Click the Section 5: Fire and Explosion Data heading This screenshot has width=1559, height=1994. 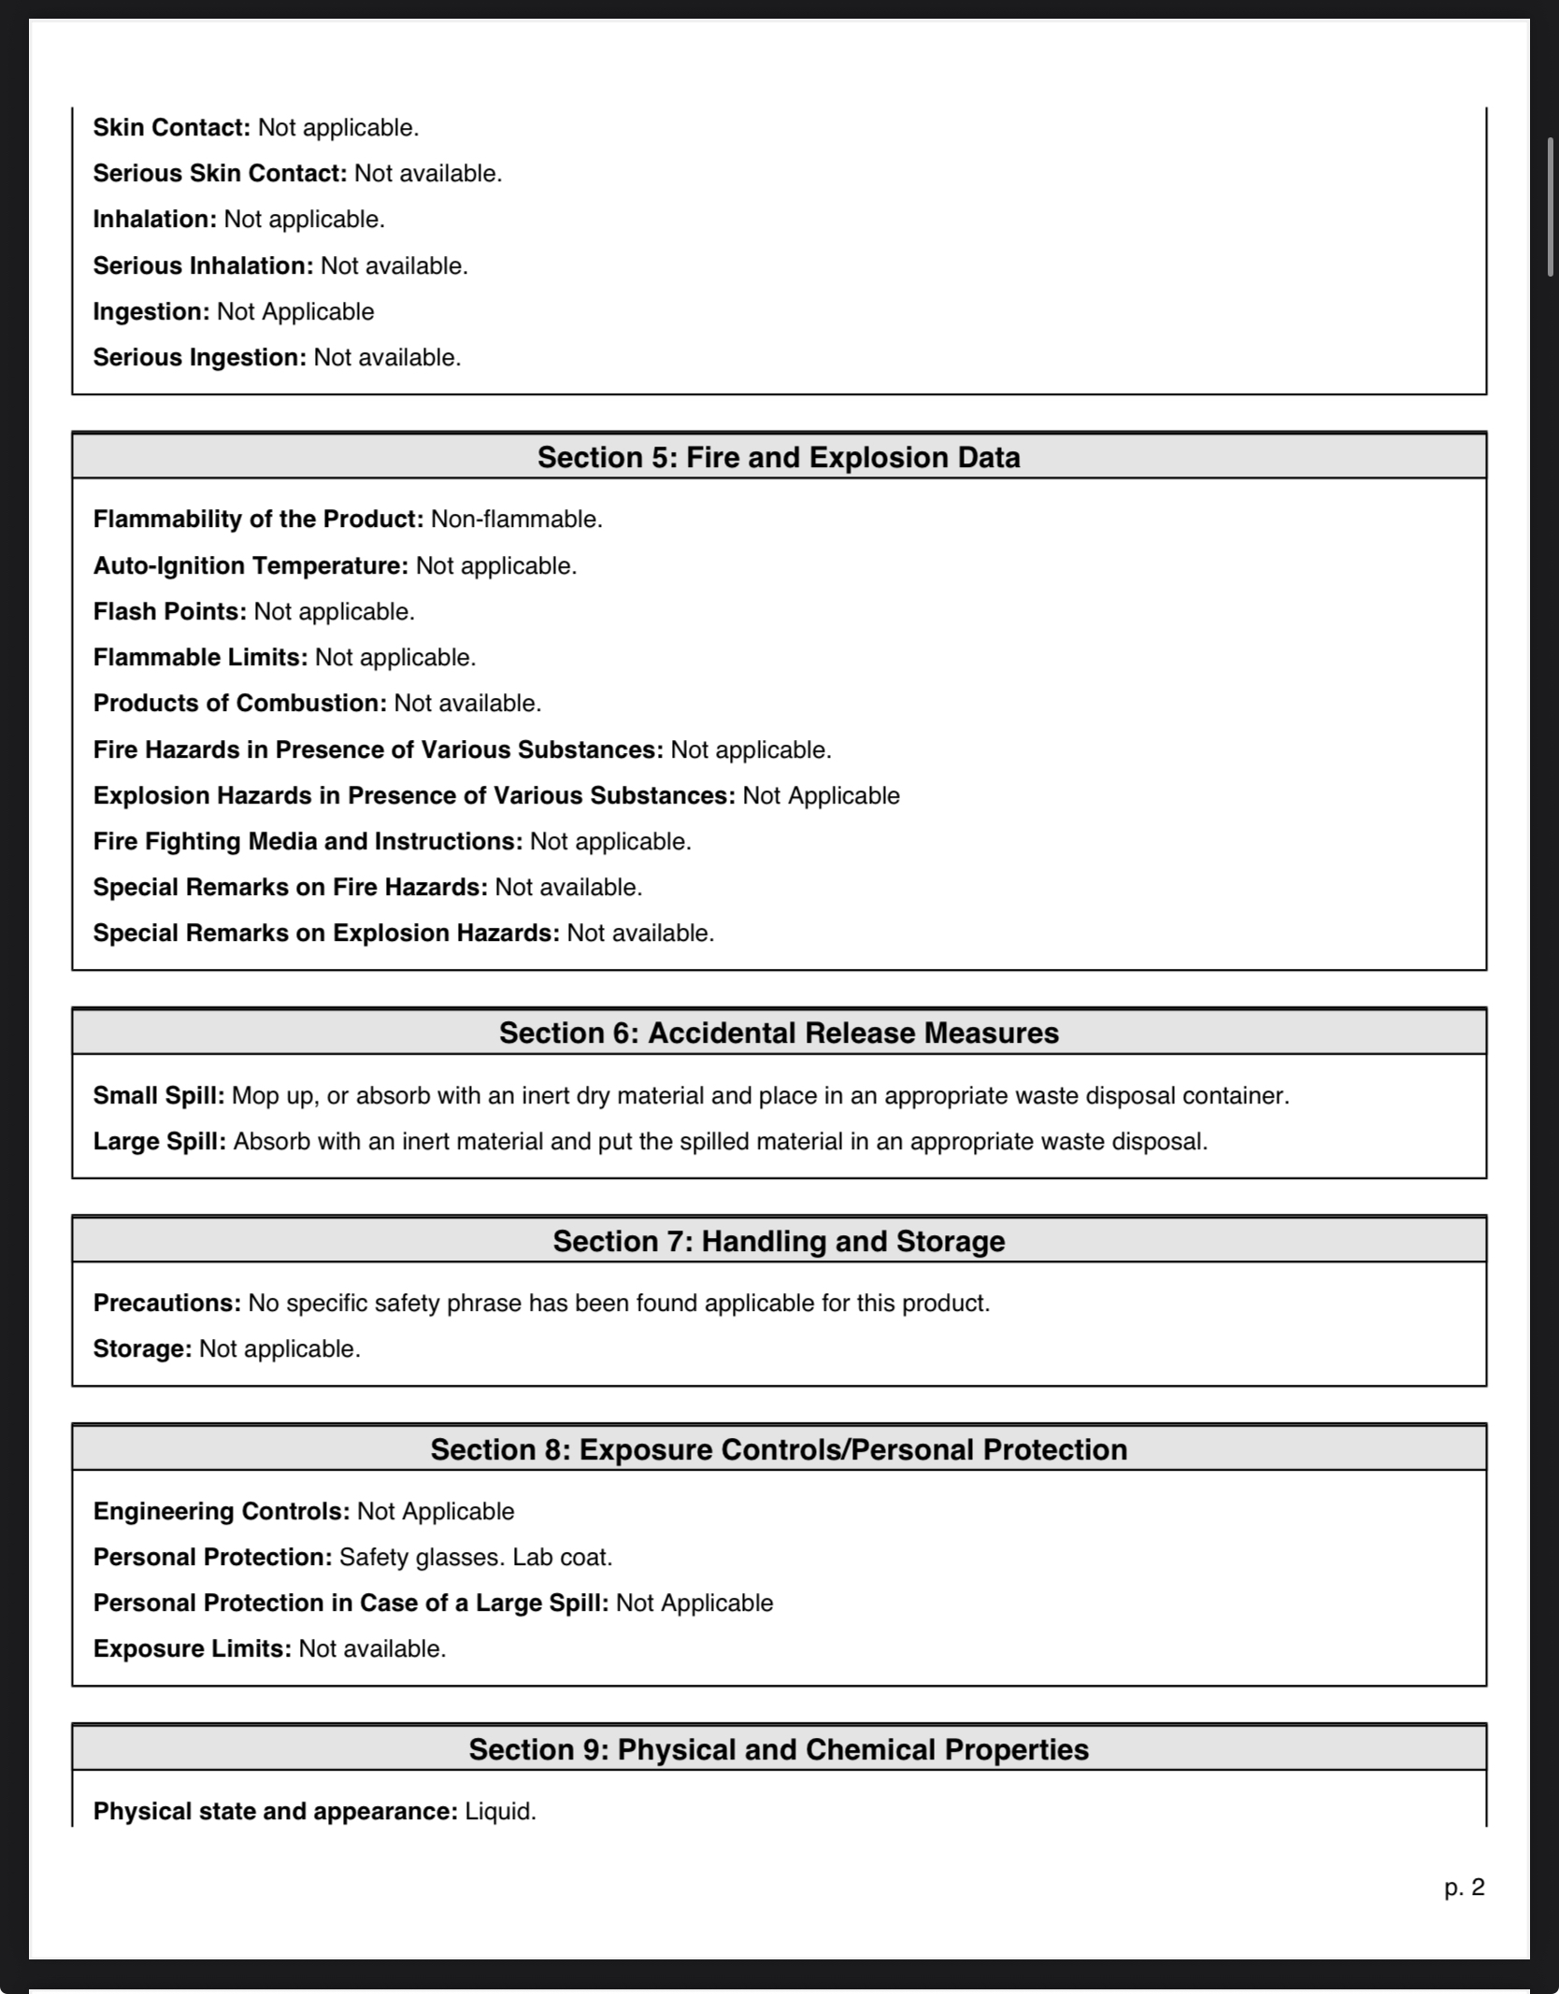[779, 457]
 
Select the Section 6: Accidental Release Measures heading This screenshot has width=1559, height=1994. [779, 1033]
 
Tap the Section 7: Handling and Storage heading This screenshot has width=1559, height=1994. [779, 1241]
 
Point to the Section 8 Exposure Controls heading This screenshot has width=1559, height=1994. [779, 1449]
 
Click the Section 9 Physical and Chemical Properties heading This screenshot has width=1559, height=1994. [779, 1749]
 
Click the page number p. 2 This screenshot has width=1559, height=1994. [1464, 1887]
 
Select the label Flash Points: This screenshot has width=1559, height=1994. [169, 611]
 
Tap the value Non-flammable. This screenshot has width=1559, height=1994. [516, 519]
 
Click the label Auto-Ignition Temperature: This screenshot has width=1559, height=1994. [250, 565]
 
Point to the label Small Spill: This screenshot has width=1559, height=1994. [159, 1095]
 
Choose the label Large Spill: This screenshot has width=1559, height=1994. [160, 1141]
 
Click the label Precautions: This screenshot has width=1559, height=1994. [167, 1303]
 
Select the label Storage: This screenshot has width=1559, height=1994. [142, 1348]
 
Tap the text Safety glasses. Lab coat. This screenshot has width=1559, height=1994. [476, 1557]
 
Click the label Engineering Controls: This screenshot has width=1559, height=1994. [222, 1511]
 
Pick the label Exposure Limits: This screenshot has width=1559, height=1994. [193, 1648]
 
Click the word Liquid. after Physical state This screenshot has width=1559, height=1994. [500, 1811]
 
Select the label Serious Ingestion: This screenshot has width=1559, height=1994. [199, 357]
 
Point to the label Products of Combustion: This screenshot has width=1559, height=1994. [239, 703]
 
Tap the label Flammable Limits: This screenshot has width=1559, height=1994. [200, 657]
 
